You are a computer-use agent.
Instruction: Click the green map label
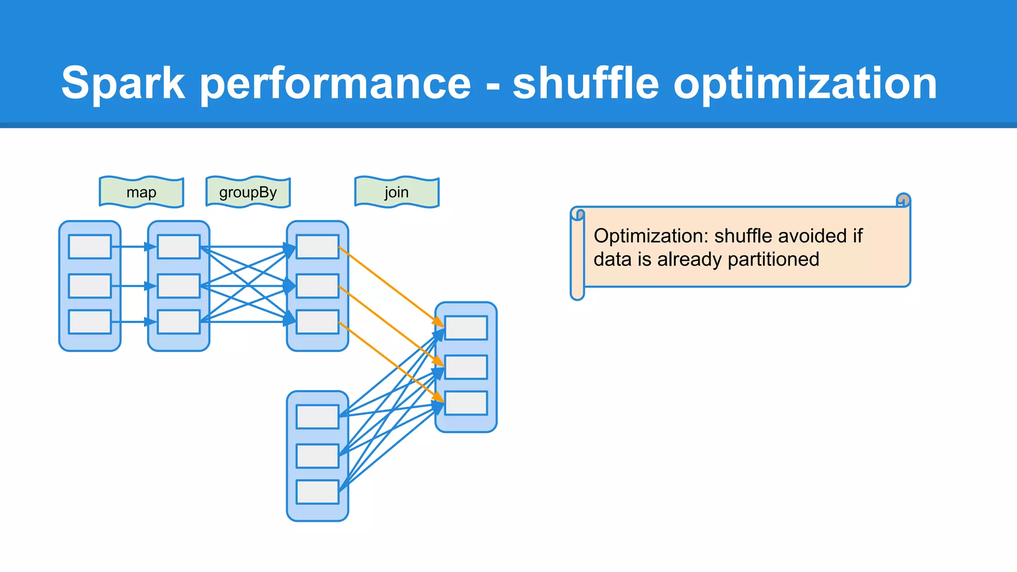pyautogui.click(x=142, y=192)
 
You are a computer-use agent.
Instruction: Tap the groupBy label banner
pyautogui.click(x=248, y=192)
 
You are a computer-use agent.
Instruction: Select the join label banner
pyautogui.click(x=396, y=192)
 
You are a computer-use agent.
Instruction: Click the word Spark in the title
pyautogui.click(x=123, y=83)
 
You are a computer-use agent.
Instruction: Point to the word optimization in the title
pyautogui.click(x=804, y=83)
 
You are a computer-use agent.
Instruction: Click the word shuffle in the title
pyautogui.click(x=586, y=83)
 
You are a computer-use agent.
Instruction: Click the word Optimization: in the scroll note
pyautogui.click(x=651, y=236)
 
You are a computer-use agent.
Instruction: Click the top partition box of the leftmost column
pyautogui.click(x=90, y=247)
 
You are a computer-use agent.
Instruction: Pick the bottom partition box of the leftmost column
pyautogui.click(x=90, y=322)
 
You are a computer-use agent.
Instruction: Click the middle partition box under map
pyautogui.click(x=179, y=286)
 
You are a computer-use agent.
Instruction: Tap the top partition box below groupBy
pyautogui.click(x=317, y=247)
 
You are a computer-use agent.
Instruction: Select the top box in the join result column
pyautogui.click(x=466, y=328)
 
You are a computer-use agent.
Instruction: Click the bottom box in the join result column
pyautogui.click(x=466, y=403)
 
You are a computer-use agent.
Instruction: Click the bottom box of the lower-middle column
pyautogui.click(x=317, y=492)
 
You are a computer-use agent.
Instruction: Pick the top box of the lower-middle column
pyautogui.click(x=317, y=417)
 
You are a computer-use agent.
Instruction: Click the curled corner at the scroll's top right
pyautogui.click(x=903, y=200)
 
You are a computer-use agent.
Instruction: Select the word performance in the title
pyautogui.click(x=335, y=83)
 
